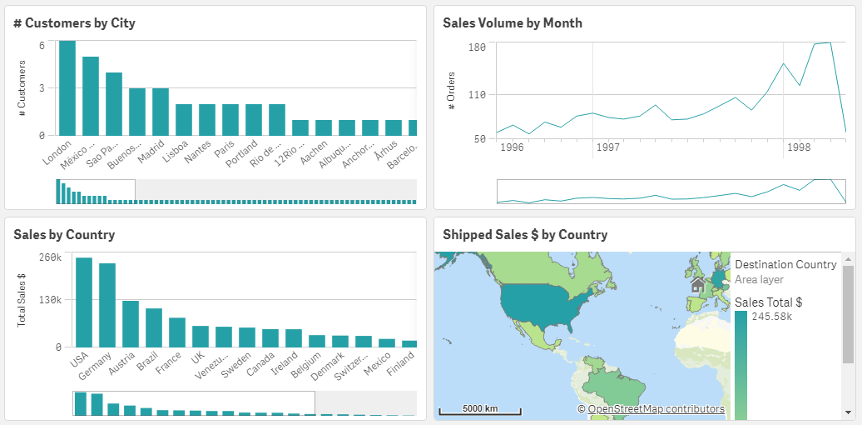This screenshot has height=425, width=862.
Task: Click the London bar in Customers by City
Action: tap(67, 87)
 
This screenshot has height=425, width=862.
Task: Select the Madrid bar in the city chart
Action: tap(161, 112)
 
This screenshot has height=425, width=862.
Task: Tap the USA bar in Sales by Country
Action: tap(84, 302)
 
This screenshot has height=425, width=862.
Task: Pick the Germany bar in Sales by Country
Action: tap(107, 305)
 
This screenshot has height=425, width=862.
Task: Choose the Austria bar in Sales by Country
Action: tap(131, 323)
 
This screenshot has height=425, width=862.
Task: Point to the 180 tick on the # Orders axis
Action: tap(477, 47)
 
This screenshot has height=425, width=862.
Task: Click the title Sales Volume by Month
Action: tap(513, 23)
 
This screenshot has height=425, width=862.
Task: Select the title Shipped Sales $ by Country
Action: tap(525, 235)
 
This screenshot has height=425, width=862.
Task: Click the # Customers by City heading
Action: tap(75, 23)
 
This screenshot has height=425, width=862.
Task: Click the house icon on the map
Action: tap(698, 286)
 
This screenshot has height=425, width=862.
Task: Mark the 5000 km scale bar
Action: tap(480, 410)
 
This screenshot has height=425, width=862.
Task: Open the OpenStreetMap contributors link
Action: tap(656, 409)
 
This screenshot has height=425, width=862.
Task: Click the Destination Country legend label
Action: tap(785, 264)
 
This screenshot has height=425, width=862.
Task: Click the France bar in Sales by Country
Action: tap(177, 332)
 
